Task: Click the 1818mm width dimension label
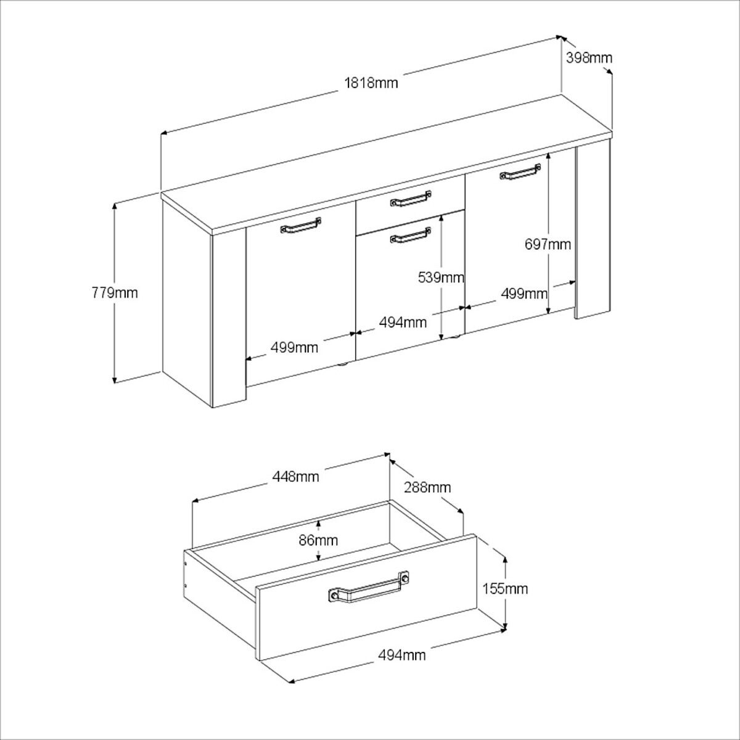pyautogui.click(x=371, y=83)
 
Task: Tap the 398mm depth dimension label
pyautogui.click(x=588, y=58)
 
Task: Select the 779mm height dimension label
pyautogui.click(x=114, y=292)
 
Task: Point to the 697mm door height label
pyautogui.click(x=548, y=244)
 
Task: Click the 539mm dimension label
pyautogui.click(x=441, y=277)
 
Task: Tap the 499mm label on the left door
pyautogui.click(x=294, y=348)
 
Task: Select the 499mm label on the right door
pyautogui.click(x=524, y=294)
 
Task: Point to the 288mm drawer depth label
pyautogui.click(x=427, y=488)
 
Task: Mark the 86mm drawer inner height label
pyautogui.click(x=318, y=541)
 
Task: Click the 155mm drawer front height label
pyautogui.click(x=505, y=589)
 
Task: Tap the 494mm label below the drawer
pyautogui.click(x=402, y=655)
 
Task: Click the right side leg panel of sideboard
pyautogui.click(x=593, y=231)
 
